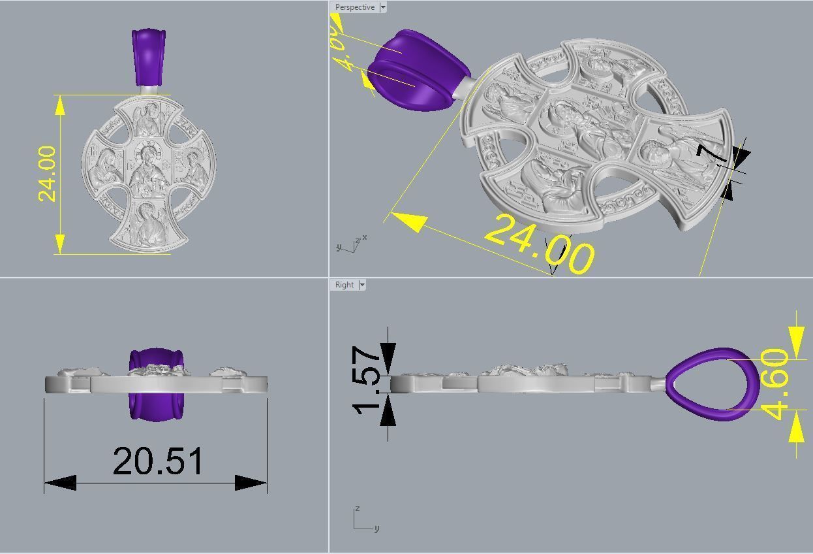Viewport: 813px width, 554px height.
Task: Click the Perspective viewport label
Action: [x=354, y=7]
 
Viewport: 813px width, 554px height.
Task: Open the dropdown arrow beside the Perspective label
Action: [x=383, y=7]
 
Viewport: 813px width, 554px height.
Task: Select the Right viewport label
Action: [x=344, y=285]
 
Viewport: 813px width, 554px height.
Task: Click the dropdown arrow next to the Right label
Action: [x=362, y=285]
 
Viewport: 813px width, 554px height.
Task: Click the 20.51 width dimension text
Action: [x=158, y=461]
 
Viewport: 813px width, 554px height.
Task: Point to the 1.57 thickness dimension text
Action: [x=367, y=379]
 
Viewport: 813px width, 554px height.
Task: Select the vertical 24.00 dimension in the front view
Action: [x=48, y=174]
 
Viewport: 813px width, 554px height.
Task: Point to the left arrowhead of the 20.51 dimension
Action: [x=59, y=483]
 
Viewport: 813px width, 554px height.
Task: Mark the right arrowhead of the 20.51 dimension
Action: [x=252, y=483]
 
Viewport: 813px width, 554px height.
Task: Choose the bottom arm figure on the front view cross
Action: [x=148, y=224]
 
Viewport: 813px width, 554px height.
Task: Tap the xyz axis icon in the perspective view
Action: [x=352, y=244]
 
